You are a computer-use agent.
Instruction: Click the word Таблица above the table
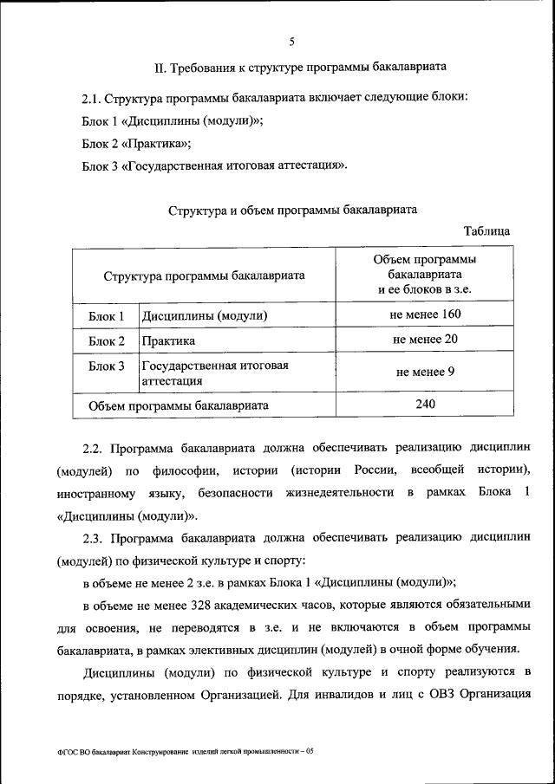486,230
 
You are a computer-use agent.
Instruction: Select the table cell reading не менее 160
425,314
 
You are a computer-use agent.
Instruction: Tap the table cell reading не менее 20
425,339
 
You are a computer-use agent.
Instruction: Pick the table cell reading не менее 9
425,371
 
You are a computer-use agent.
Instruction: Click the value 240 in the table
425,403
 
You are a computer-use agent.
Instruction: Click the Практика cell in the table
169,341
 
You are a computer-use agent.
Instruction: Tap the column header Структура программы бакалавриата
204,275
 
